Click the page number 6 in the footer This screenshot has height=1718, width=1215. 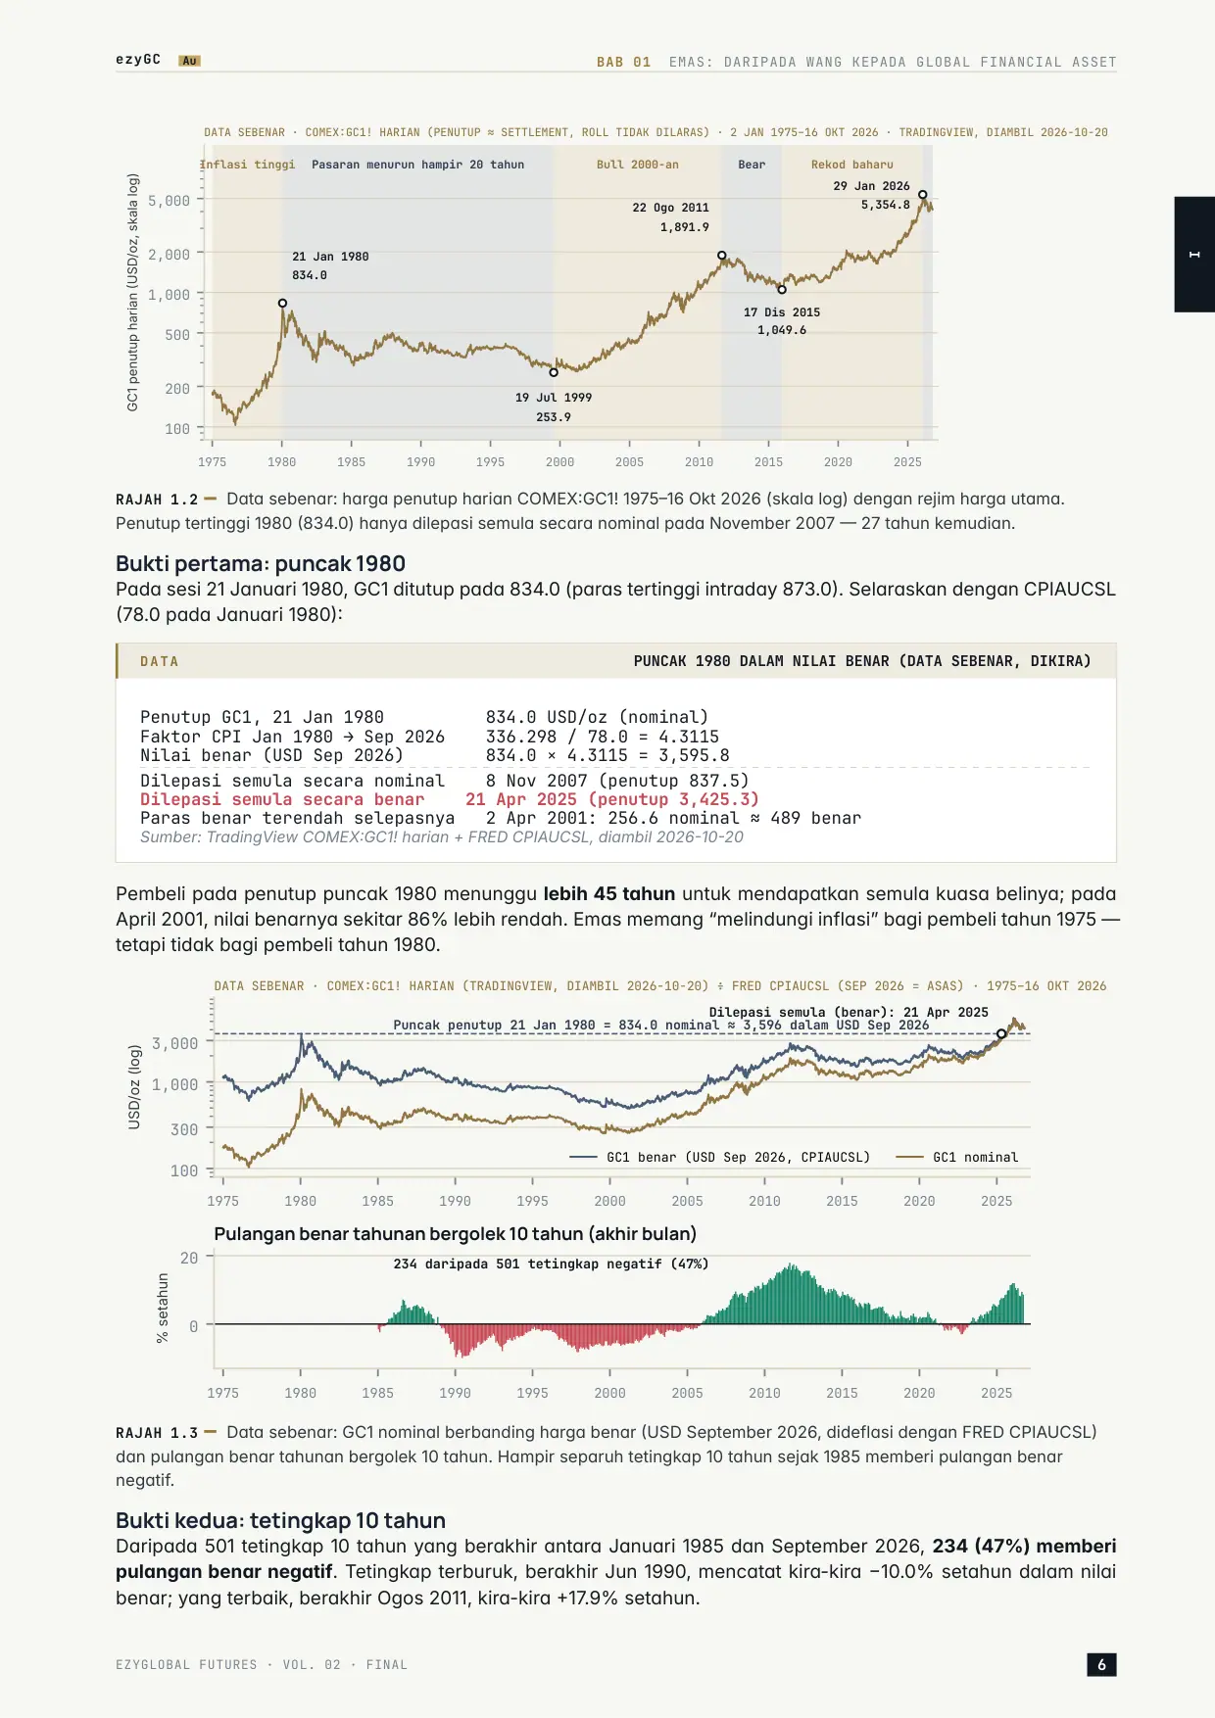pyautogui.click(x=1101, y=1664)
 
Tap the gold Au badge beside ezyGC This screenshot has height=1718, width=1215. pyautogui.click(x=190, y=61)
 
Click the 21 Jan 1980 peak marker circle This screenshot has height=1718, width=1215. pyautogui.click(x=282, y=304)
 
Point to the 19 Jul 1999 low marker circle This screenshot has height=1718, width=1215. pyautogui.click(x=554, y=372)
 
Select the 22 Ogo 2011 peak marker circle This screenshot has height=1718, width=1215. pyautogui.click(x=722, y=256)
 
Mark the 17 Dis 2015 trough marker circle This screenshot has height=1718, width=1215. pyautogui.click(x=782, y=290)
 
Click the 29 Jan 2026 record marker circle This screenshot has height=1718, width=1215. pyautogui.click(x=922, y=195)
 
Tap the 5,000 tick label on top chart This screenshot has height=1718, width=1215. pyautogui.click(x=170, y=201)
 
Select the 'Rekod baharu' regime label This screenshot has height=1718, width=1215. pyautogui.click(x=852, y=165)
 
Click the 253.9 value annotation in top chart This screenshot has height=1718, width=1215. pyautogui.click(x=554, y=417)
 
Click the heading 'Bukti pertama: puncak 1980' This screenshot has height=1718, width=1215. pyautogui.click(x=261, y=563)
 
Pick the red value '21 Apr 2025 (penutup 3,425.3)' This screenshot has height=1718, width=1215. pyautogui.click(x=612, y=799)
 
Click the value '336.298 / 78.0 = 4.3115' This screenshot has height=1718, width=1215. pyautogui.click(x=603, y=737)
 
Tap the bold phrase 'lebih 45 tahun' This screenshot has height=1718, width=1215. pyautogui.click(x=609, y=893)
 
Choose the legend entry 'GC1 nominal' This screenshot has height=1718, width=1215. pyautogui.click(x=957, y=1157)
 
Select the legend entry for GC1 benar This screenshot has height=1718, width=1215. pyautogui.click(x=720, y=1157)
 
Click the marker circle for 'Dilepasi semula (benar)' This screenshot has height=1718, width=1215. pyautogui.click(x=1001, y=1034)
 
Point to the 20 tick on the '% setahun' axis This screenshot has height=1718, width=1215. pyautogui.click(x=189, y=1258)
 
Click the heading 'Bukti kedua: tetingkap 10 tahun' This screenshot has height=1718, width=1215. pyautogui.click(x=280, y=1520)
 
